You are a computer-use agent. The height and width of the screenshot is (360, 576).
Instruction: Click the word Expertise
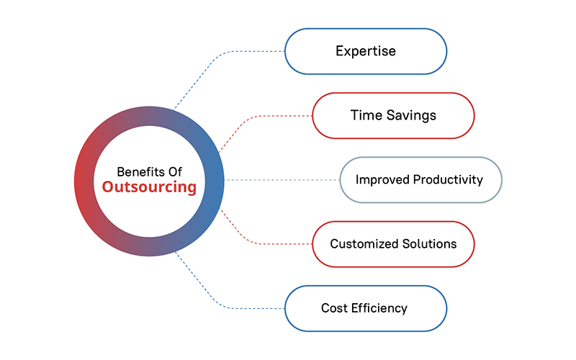point(366,52)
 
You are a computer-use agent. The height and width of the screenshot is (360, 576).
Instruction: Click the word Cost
point(334,308)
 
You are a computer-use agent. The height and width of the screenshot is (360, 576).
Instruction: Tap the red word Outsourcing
point(149,188)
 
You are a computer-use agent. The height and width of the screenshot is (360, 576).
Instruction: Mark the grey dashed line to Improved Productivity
point(281,179)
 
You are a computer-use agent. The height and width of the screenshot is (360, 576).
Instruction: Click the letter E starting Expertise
point(339,52)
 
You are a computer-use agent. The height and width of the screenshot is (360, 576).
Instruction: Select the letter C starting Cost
point(325,308)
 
